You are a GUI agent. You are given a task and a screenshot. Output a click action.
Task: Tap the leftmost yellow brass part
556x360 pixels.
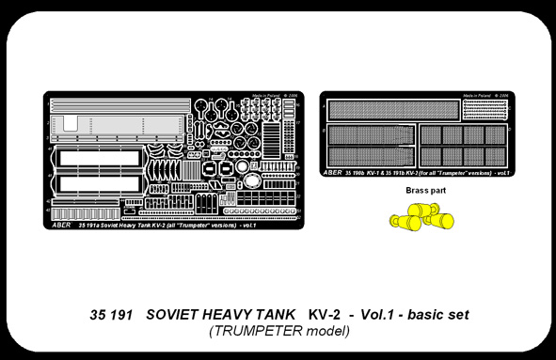pos(401,222)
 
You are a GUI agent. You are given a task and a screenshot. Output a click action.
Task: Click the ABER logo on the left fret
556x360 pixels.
pos(59,224)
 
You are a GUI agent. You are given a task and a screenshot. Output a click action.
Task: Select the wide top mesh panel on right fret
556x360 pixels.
pos(393,111)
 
